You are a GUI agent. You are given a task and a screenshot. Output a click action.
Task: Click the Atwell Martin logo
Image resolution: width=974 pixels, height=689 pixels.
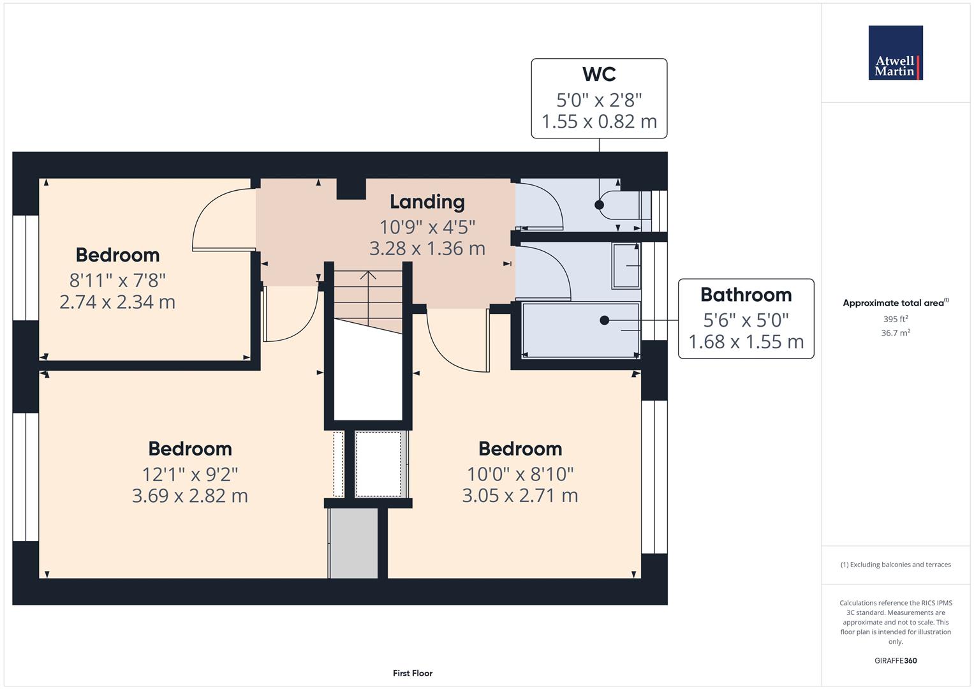click(x=896, y=52)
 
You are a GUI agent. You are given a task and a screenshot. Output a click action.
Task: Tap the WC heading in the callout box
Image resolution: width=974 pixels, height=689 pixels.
click(x=599, y=74)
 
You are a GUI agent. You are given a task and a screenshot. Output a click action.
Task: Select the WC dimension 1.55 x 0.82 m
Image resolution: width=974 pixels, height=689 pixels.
click(x=599, y=121)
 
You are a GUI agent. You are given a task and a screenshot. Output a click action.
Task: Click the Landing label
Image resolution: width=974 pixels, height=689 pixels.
click(x=427, y=202)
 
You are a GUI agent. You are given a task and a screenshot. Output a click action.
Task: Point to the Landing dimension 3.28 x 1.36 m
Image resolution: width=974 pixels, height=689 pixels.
click(x=427, y=248)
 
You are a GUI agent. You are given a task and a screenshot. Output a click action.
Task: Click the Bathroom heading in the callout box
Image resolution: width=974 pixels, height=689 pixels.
click(x=746, y=295)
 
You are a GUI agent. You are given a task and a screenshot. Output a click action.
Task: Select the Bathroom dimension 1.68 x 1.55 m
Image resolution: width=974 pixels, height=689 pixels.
click(x=746, y=342)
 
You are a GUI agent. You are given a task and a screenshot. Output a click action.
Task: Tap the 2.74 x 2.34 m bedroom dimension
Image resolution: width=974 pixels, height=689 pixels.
click(x=117, y=302)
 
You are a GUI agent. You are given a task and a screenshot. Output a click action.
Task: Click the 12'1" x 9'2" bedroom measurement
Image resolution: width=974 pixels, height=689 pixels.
click(x=190, y=475)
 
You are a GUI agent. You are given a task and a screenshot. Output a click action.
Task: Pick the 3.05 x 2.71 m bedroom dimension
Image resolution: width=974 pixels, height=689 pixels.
click(x=520, y=496)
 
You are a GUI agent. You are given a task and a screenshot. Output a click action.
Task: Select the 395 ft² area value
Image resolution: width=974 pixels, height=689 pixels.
click(x=896, y=319)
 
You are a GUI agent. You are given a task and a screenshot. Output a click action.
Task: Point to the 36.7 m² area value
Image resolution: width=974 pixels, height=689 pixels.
click(x=896, y=333)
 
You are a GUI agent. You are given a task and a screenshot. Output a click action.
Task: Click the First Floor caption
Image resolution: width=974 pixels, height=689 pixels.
click(x=413, y=673)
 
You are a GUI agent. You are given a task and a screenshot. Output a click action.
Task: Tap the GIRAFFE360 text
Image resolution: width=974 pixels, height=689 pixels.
click(x=896, y=661)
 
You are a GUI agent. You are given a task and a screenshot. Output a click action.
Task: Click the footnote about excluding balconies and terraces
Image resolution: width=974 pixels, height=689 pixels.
click(x=896, y=565)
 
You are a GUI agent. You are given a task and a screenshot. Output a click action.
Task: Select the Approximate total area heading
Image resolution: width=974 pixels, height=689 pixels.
click(x=896, y=303)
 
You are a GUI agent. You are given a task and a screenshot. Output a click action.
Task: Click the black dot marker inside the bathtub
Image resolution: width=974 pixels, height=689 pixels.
click(x=604, y=320)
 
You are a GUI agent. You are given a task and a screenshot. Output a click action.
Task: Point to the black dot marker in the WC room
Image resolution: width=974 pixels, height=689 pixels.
click(x=599, y=204)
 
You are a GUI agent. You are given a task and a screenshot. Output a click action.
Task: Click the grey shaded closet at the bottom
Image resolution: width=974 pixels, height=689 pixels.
click(x=353, y=544)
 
